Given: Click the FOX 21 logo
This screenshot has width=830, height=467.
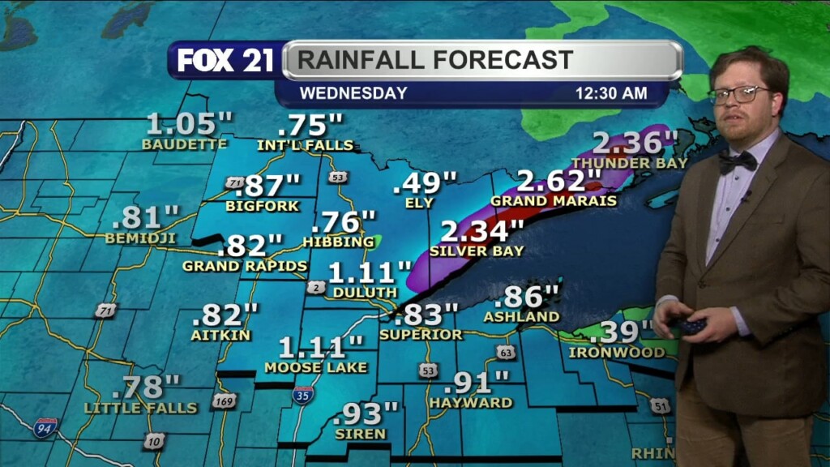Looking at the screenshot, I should click(x=225, y=61).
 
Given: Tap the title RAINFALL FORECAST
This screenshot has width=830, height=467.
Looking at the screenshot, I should click(x=435, y=60).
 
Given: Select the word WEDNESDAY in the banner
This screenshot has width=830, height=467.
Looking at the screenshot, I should click(x=353, y=93).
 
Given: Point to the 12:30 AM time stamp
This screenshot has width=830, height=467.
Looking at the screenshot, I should click(x=611, y=93).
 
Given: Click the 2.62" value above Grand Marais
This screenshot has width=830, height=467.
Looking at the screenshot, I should click(x=551, y=181).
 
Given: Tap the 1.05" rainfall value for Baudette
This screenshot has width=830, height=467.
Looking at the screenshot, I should click(x=189, y=125).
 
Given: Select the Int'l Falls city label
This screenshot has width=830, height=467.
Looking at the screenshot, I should click(x=306, y=146).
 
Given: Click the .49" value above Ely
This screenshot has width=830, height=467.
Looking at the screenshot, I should click(x=425, y=183).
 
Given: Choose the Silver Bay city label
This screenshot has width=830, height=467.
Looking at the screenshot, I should click(x=477, y=251).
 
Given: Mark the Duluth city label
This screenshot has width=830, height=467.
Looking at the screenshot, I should click(x=364, y=292).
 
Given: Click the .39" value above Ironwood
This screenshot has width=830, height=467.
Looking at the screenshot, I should click(x=621, y=332).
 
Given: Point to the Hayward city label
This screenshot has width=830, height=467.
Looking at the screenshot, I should click(x=471, y=402).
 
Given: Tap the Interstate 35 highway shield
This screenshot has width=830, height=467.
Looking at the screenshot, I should click(x=303, y=395).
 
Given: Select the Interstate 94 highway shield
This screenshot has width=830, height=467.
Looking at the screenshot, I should click(x=45, y=427).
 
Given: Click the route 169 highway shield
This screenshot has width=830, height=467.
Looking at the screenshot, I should click(x=224, y=401).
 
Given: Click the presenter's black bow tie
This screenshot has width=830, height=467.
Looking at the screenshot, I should click(x=738, y=161).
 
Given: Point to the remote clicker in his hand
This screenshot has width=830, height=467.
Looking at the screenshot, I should click(x=691, y=326).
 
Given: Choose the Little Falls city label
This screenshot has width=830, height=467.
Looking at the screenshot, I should click(x=141, y=408).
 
